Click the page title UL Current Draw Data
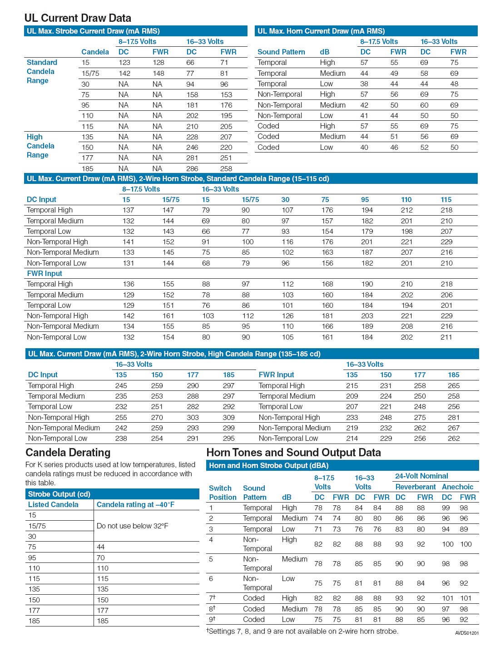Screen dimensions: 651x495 click(x=78, y=18)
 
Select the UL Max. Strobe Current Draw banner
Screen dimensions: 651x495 click(x=93, y=31)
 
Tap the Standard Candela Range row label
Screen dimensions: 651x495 click(x=41, y=71)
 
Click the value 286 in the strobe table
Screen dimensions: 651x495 click(x=192, y=168)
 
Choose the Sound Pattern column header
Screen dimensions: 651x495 click(x=281, y=52)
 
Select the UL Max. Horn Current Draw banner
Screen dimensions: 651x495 click(x=321, y=31)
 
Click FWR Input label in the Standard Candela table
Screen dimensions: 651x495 click(x=45, y=273)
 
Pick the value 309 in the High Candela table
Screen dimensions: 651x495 click(x=228, y=417)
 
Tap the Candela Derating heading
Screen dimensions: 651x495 click(x=68, y=453)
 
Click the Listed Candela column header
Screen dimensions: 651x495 click(x=53, y=504)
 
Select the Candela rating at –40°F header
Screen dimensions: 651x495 click(x=135, y=504)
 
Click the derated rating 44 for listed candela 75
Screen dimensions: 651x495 click(x=101, y=547)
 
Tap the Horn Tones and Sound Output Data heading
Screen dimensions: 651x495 click(x=293, y=453)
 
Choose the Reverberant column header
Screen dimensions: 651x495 click(x=416, y=487)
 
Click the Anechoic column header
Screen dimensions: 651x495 click(x=457, y=487)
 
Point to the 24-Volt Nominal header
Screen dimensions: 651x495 click(x=421, y=476)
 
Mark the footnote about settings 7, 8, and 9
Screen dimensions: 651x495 click(x=302, y=631)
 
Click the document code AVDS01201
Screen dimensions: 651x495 click(x=466, y=633)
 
